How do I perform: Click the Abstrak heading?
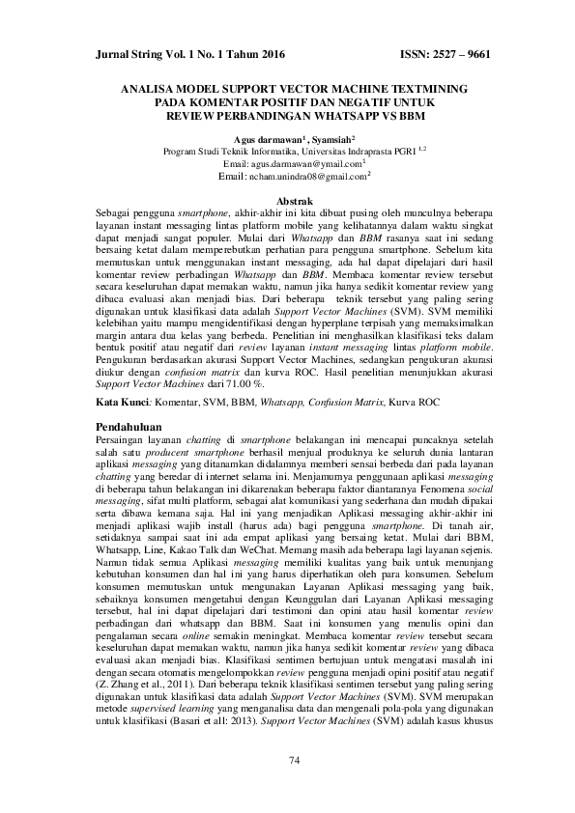coord(287,199)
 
